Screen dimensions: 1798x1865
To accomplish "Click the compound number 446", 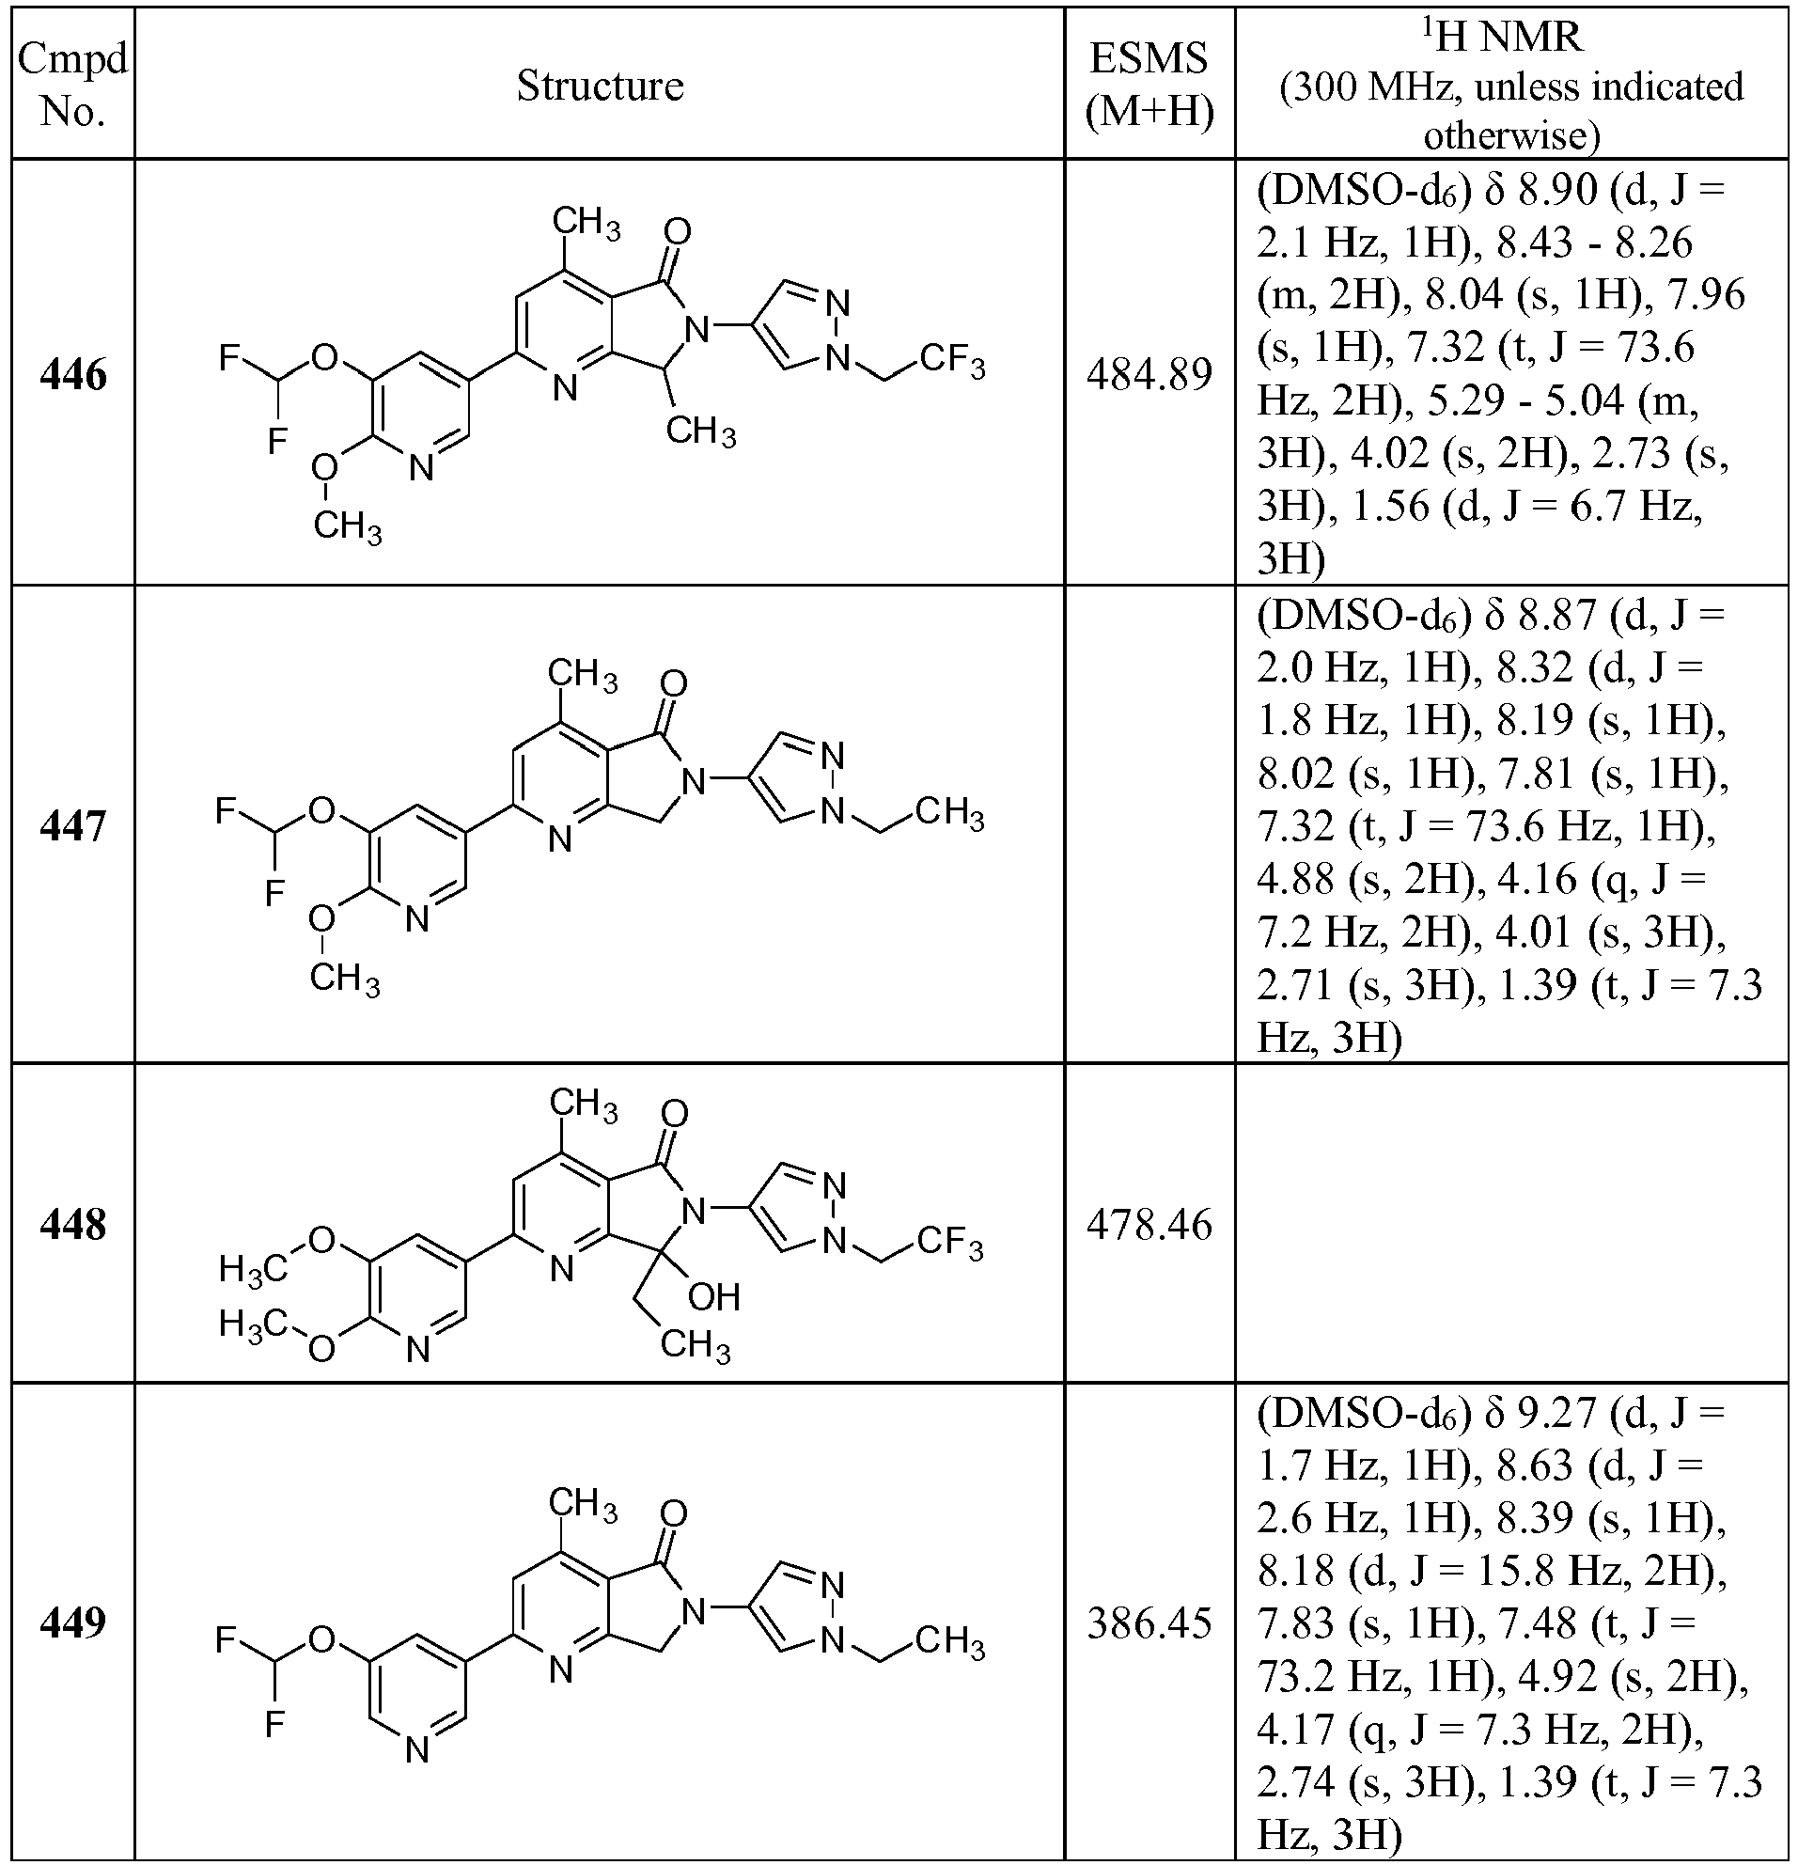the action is pos(73,376).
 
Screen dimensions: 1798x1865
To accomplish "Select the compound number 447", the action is pos(73,826).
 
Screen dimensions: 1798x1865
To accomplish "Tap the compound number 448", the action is pos(73,1225).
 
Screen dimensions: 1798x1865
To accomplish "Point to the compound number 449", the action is pos(73,1622).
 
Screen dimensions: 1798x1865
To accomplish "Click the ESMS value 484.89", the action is pos(1149,376).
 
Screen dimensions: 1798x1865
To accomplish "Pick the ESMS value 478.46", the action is pos(1149,1225).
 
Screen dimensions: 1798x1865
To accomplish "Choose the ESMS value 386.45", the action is pos(1149,1623).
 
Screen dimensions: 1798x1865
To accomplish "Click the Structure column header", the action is pos(600,86).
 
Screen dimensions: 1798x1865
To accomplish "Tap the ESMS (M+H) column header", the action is pos(1149,86).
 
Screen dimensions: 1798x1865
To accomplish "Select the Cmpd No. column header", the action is pos(73,86).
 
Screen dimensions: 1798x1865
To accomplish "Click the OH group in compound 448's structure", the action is pos(713,1296).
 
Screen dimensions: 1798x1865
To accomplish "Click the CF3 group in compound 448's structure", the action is pos(950,1243).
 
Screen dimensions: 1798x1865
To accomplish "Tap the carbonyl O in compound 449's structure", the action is pos(673,1514).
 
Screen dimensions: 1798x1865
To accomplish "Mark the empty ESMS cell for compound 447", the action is pos(1149,824).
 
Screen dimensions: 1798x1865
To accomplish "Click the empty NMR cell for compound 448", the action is pos(1510,1223).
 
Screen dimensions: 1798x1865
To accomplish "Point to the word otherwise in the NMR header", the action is pos(1510,136).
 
